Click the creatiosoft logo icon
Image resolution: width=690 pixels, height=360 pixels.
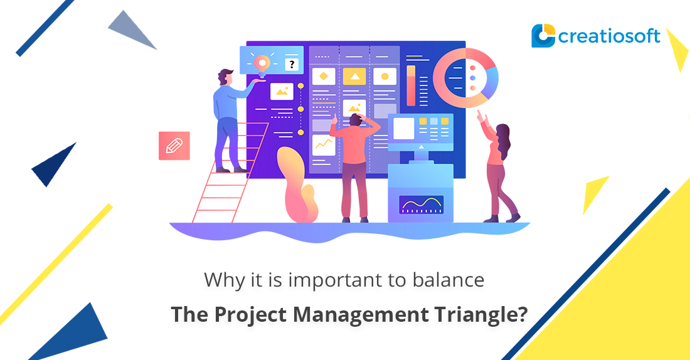[543, 36]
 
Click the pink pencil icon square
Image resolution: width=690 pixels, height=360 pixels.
[174, 146]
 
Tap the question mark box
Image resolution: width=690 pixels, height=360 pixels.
[291, 64]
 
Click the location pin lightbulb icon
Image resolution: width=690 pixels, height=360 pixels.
[262, 63]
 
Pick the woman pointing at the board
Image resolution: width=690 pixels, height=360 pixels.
[502, 169]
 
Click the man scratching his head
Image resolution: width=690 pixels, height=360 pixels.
[355, 163]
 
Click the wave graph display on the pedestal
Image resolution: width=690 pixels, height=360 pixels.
[421, 204]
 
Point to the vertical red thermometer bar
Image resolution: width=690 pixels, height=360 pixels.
[411, 85]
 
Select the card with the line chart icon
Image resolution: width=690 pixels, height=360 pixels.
[324, 145]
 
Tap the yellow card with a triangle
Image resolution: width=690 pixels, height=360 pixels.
[354, 77]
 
